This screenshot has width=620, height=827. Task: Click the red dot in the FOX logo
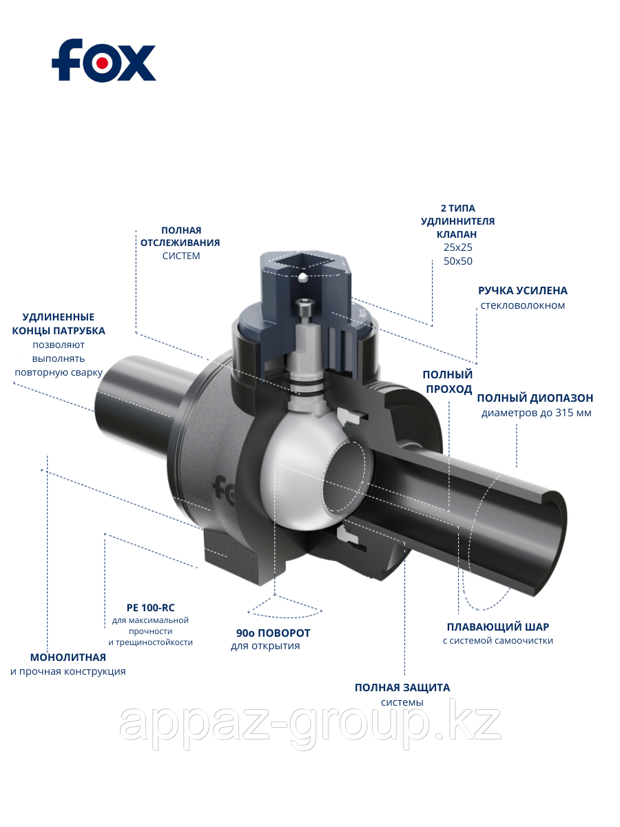101,63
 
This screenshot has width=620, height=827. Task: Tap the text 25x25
458,247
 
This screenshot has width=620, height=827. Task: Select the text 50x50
458,261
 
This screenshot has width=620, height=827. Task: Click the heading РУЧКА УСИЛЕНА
523,291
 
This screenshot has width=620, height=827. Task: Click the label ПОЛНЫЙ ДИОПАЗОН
535,398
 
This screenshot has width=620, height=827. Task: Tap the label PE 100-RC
150,608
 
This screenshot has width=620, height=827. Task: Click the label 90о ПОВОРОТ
273,633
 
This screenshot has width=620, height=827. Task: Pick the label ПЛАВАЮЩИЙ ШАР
497,627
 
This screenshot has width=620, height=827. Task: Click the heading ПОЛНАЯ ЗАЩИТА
402,688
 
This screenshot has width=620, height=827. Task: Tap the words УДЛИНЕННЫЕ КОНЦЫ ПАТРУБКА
59,324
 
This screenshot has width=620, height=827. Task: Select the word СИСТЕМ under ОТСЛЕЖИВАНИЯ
181,256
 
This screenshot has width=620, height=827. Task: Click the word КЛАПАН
457,234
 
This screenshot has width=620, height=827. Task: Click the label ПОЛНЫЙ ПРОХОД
448,382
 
